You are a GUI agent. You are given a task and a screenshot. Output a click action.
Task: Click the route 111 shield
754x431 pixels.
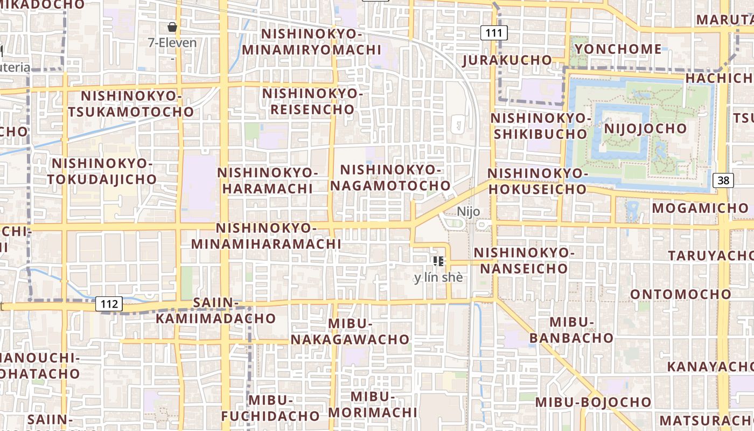click(494, 33)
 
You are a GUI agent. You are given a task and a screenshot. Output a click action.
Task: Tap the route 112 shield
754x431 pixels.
click(109, 304)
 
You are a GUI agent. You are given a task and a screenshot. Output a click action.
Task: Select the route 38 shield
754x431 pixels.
click(723, 180)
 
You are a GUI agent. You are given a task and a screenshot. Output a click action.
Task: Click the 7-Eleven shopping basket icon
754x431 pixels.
click(172, 26)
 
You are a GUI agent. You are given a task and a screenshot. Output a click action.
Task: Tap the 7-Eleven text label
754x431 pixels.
click(172, 43)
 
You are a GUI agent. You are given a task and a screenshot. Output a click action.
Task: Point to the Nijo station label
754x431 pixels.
click(468, 211)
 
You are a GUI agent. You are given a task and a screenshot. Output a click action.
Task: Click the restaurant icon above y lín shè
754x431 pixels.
click(438, 261)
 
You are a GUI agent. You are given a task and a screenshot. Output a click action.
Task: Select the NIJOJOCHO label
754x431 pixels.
click(645, 128)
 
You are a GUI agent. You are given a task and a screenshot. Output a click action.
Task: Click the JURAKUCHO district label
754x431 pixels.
click(507, 60)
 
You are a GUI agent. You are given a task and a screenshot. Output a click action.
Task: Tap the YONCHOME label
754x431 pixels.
click(618, 49)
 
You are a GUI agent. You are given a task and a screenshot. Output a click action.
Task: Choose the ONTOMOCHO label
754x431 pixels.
click(681, 294)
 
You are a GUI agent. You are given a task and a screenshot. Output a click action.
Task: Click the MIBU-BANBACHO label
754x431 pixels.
click(571, 330)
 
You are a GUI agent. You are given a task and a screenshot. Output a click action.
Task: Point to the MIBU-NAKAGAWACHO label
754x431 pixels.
click(350, 331)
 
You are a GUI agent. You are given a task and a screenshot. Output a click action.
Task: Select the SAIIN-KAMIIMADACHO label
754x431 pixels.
click(215, 310)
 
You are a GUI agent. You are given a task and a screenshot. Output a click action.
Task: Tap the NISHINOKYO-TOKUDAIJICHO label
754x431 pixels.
click(102, 171)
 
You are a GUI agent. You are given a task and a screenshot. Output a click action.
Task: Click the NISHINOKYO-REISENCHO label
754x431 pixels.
click(312, 101)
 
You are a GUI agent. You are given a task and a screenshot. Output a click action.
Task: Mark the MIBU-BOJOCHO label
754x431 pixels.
click(593, 402)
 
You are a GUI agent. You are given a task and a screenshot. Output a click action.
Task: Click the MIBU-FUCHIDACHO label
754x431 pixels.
click(270, 408)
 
